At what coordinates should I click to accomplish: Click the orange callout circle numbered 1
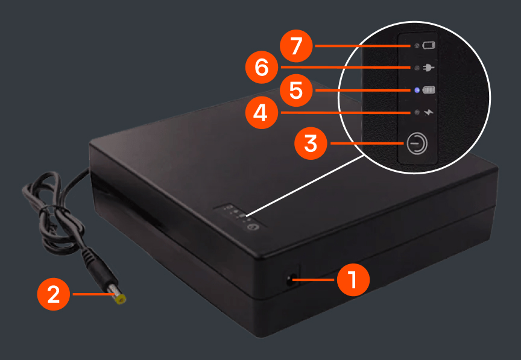coord(353,280)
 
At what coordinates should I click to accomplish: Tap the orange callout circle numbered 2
coord(54,294)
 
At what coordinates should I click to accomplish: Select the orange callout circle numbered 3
coord(311,144)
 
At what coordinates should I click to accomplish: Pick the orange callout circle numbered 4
coord(262,113)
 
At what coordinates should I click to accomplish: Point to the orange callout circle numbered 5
coord(296,90)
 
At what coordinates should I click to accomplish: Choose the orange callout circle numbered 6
coord(262,68)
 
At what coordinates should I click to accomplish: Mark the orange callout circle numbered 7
coord(296,46)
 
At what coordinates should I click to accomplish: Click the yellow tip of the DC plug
coord(120,299)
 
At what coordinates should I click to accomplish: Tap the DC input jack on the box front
coord(291,280)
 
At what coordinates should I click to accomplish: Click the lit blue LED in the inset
coord(417,90)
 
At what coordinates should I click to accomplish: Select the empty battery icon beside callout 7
coord(429,45)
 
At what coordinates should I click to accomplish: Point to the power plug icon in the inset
coord(429,68)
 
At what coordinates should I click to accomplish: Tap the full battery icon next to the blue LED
coord(429,90)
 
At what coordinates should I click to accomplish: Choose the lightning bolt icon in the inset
coord(429,112)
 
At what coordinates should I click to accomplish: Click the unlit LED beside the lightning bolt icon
coord(417,112)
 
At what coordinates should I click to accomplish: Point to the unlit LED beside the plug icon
coord(417,68)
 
